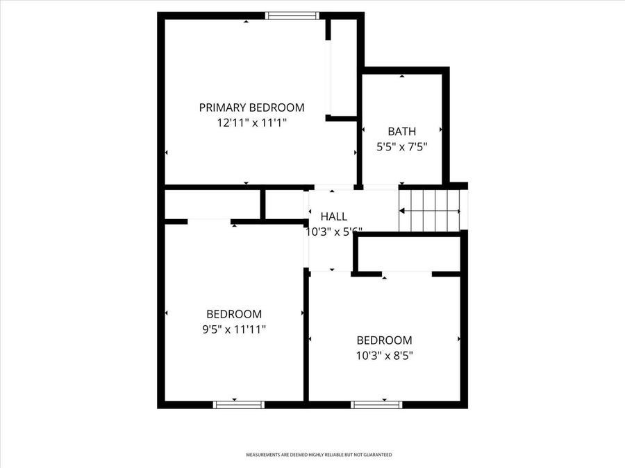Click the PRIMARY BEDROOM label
[x=251, y=107]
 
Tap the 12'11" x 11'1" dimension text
[x=251, y=123]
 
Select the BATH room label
[x=401, y=131]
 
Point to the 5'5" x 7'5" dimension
[x=401, y=146]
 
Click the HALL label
[x=333, y=217]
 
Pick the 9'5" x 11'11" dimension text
[x=234, y=329]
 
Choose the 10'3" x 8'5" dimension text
[x=384, y=355]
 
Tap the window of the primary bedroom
[x=292, y=15]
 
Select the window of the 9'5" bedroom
[x=238, y=404]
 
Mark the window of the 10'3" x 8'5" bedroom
[x=376, y=404]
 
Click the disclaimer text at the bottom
[x=319, y=455]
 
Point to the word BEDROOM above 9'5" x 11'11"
[x=234, y=314]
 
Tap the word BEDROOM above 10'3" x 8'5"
[x=384, y=340]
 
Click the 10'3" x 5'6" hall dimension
[x=334, y=232]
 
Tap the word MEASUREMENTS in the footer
[x=262, y=455]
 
